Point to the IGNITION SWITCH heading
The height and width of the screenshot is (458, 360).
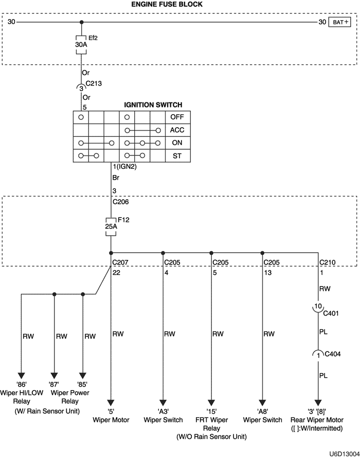coord(153,105)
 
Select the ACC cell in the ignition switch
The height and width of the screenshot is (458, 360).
coord(177,130)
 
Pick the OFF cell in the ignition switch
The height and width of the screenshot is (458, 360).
coord(177,117)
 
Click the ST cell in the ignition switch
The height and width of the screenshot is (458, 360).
coord(177,155)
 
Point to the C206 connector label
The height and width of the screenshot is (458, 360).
coord(121,202)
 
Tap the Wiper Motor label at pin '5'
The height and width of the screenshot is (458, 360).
coord(111,419)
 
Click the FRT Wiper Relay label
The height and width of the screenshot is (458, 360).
coord(211,424)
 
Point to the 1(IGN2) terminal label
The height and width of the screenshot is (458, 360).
coord(124,167)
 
